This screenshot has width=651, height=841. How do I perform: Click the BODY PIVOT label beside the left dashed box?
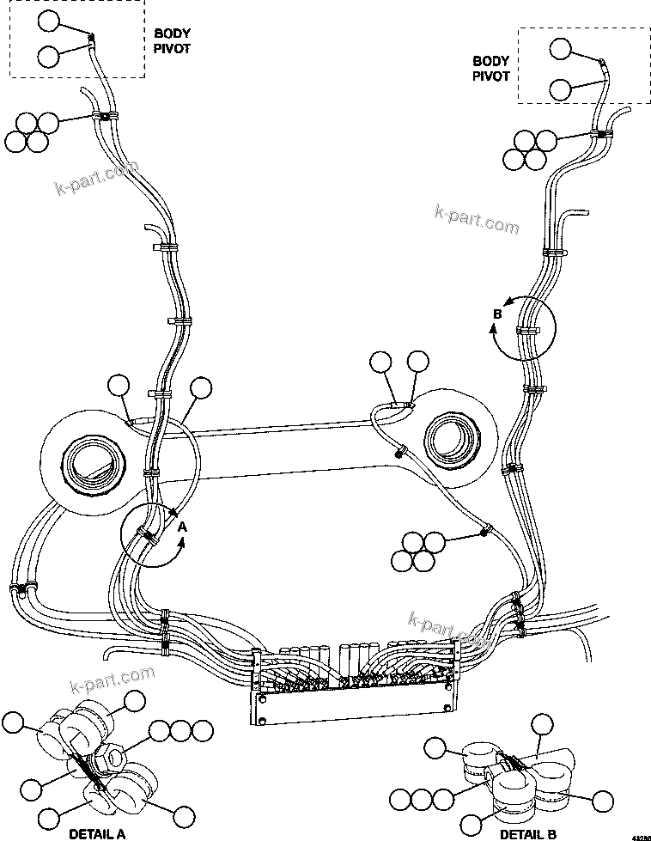172,40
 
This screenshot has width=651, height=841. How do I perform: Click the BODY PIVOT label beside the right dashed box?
491,68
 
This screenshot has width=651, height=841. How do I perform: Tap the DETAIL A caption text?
97,832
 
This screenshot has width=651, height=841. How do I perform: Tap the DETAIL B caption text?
527,832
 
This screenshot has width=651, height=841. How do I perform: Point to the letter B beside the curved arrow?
496,314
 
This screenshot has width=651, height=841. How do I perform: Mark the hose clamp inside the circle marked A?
148,538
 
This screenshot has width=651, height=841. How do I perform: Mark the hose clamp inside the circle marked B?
526,330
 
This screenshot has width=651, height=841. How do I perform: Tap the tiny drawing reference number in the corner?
640,835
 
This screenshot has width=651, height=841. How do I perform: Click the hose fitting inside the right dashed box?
602,64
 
